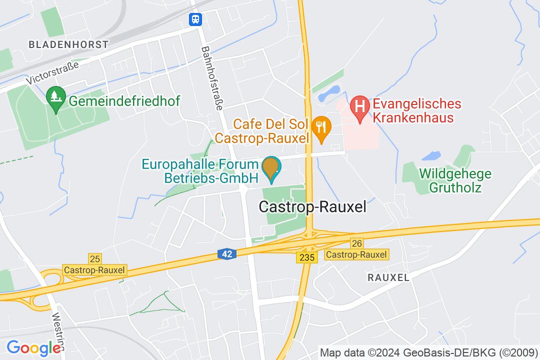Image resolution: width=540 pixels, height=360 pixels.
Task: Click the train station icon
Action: [195, 19]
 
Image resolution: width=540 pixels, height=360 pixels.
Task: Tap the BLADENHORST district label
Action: [68, 44]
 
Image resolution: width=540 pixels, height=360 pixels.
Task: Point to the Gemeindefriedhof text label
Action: [124, 101]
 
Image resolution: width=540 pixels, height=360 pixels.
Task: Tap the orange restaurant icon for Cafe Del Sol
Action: [320, 128]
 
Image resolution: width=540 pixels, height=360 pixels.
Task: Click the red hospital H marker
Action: [359, 106]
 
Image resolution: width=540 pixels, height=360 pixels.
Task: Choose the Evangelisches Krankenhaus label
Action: [416, 111]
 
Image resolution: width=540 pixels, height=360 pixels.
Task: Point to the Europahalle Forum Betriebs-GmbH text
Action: [200, 171]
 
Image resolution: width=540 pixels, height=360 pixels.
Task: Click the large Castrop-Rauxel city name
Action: [312, 207]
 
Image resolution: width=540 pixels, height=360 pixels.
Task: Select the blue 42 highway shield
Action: [226, 254]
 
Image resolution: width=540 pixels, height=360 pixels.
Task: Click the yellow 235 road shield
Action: [306, 257]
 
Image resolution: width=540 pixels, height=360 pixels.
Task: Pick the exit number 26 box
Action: [356, 243]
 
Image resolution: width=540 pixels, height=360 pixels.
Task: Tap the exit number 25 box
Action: [95, 258]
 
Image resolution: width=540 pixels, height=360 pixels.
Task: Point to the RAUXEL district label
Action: [388, 277]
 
